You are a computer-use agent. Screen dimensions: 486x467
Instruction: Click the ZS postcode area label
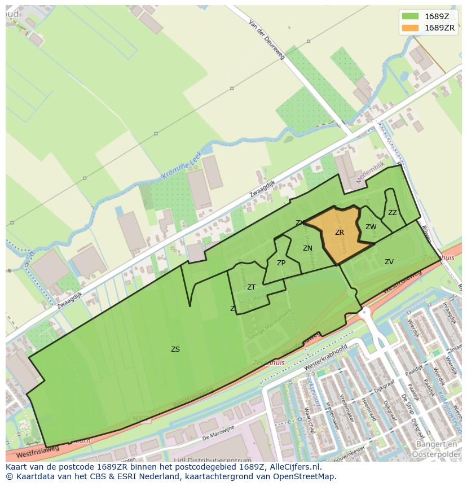click(x=175, y=349)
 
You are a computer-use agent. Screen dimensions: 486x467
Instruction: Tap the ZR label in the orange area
click(x=340, y=233)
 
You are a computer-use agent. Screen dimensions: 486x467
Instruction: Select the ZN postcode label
click(x=307, y=248)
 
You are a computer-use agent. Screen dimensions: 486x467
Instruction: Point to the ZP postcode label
click(x=281, y=263)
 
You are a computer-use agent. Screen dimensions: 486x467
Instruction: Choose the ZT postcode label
click(x=251, y=287)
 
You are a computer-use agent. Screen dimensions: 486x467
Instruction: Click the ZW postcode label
click(x=371, y=227)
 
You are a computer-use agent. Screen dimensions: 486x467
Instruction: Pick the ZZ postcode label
click(x=393, y=213)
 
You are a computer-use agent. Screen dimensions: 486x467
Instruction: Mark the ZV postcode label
click(x=389, y=262)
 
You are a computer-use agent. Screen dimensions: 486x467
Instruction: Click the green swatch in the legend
click(x=411, y=16)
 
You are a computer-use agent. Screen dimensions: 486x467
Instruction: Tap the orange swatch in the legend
click(x=411, y=28)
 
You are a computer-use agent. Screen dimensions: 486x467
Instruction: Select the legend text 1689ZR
click(x=440, y=28)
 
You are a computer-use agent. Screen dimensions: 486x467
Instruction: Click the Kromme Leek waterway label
click(x=181, y=169)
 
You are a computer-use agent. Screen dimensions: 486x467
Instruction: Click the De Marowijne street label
click(x=218, y=432)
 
